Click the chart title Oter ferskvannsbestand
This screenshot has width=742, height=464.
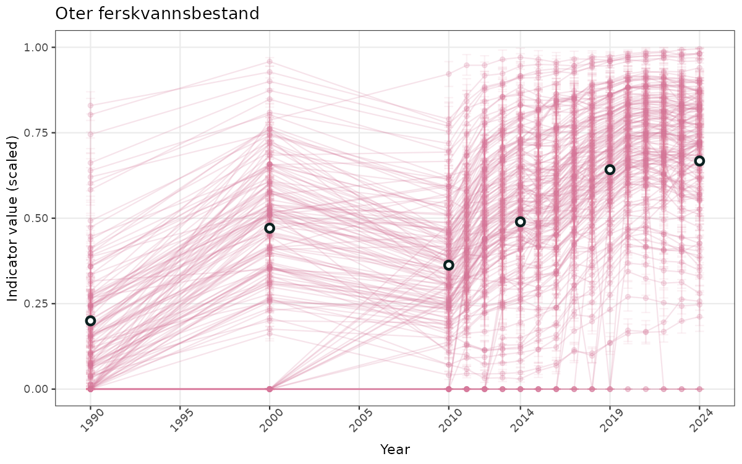click(x=157, y=14)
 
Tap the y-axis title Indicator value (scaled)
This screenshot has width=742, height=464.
click(x=13, y=218)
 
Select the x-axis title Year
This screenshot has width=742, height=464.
click(x=394, y=449)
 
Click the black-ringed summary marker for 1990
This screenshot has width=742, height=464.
click(x=90, y=320)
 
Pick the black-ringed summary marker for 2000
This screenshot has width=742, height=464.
click(x=270, y=228)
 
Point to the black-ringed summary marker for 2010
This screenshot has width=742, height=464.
click(x=449, y=265)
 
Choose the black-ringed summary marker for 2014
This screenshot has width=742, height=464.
click(x=521, y=221)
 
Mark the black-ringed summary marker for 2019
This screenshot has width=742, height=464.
click(x=610, y=170)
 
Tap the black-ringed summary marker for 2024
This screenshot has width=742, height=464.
click(x=699, y=161)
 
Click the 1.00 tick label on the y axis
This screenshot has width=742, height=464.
click(x=35, y=48)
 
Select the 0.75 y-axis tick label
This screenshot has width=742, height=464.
click(x=35, y=133)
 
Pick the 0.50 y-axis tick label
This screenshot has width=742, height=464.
click(x=35, y=218)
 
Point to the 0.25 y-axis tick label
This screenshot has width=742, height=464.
click(x=35, y=304)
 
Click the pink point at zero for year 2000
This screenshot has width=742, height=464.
click(x=270, y=389)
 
